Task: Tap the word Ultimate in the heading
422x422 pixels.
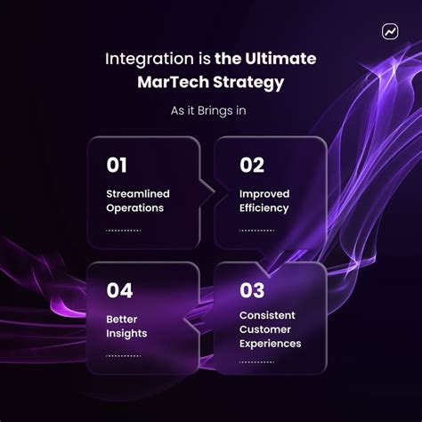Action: point(282,61)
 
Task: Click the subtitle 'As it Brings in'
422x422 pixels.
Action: point(210,111)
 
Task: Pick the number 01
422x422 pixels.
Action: point(118,165)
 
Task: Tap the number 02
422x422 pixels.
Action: point(252,165)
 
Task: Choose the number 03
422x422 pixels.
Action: point(252,289)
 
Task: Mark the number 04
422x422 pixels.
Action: point(119,289)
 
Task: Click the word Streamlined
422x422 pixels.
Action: point(138,193)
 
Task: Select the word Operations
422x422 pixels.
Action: point(135,207)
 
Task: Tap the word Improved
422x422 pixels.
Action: point(264,193)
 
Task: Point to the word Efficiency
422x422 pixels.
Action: point(264,207)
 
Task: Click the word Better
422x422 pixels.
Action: point(123,319)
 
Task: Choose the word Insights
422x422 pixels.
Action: point(126,333)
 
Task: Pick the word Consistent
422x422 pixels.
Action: point(268,314)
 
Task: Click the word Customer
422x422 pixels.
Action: point(265,329)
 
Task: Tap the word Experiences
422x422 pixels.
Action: point(271,343)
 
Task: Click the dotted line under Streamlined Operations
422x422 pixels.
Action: point(124,231)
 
